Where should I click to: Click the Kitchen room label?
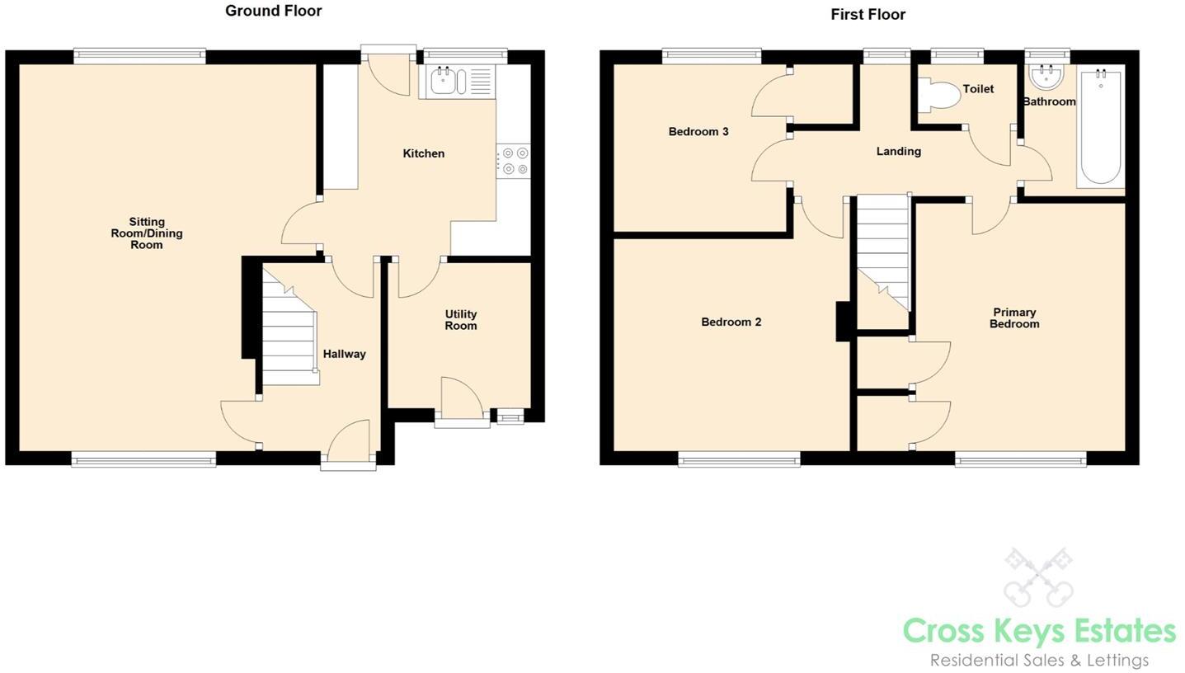[423, 153]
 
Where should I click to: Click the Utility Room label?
[460, 320]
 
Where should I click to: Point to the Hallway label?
[344, 354]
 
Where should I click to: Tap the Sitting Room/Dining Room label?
[147, 233]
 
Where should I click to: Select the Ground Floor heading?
[273, 11]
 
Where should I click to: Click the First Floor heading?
[868, 14]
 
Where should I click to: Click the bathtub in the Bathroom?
[1100, 128]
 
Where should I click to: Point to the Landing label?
[898, 151]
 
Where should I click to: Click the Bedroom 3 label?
[698, 131]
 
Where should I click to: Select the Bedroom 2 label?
[731, 322]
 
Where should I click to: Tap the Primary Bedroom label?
[1014, 318]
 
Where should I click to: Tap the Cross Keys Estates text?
[1038, 631]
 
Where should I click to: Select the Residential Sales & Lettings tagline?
[1038, 660]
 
